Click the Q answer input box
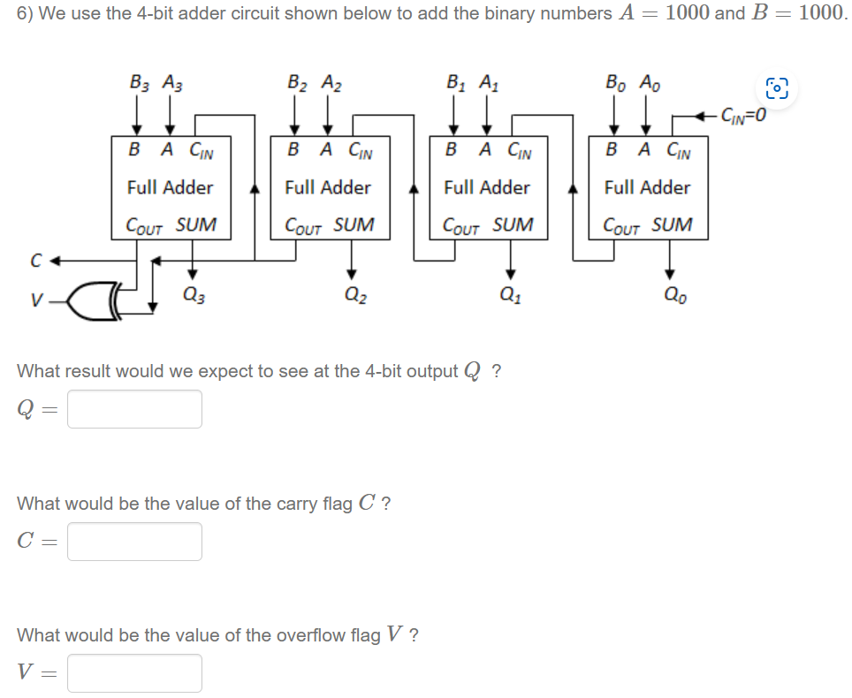point(134,409)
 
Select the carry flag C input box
point(134,542)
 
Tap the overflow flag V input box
point(134,673)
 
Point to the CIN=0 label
point(742,114)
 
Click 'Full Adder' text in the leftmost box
point(170,187)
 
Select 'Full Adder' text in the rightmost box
point(647,187)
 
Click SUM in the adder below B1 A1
point(513,225)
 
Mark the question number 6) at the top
point(26,14)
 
